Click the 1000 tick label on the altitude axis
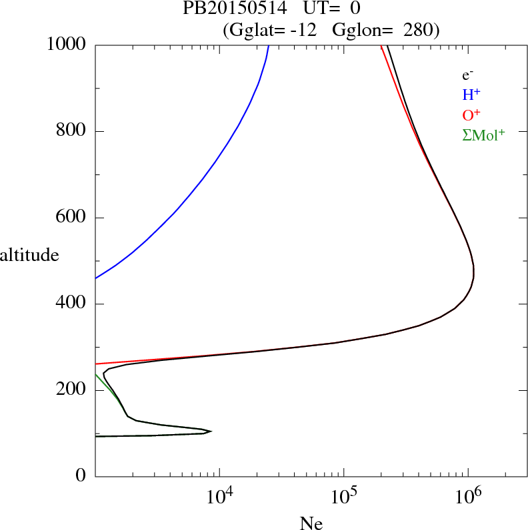[67, 45]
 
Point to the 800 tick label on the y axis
[73, 131]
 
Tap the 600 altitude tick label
[73, 218]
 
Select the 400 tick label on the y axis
[73, 304]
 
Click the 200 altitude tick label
[73, 390]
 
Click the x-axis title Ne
[311, 523]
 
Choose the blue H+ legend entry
[471, 95]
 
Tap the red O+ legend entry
[471, 115]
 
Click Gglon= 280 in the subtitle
[385, 30]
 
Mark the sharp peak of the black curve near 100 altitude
[211, 431]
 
